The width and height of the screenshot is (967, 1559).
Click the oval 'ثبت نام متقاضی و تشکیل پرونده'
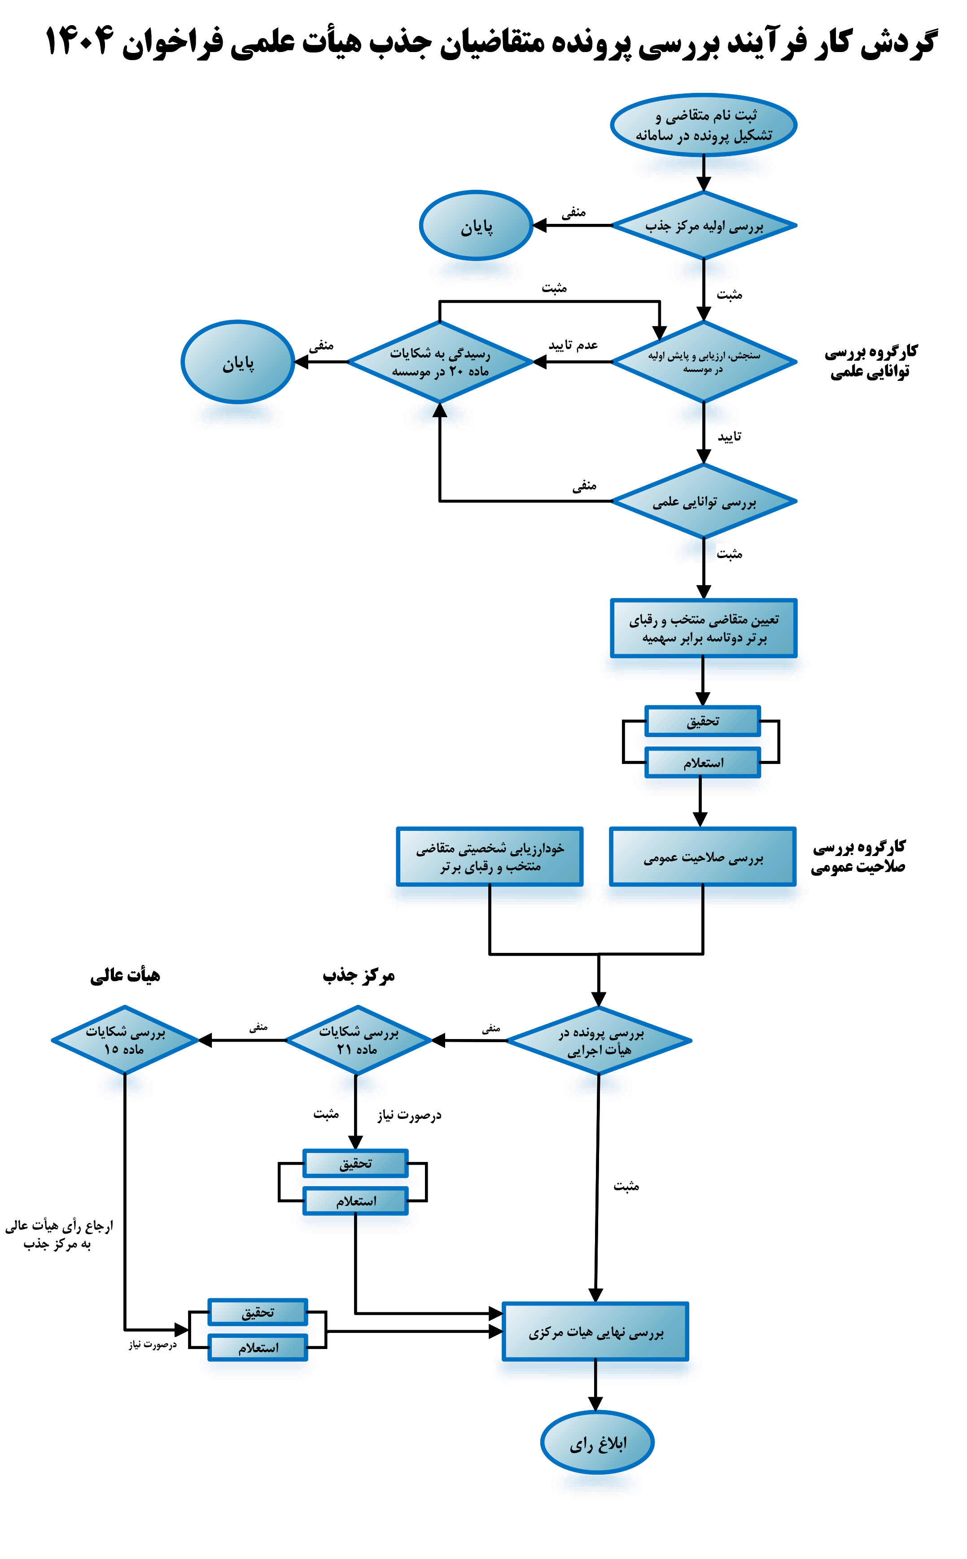pyautogui.click(x=704, y=125)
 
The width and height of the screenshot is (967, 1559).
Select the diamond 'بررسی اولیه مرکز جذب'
pyautogui.click(x=704, y=226)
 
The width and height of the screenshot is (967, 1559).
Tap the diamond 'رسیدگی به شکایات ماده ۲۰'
pyautogui.click(x=440, y=362)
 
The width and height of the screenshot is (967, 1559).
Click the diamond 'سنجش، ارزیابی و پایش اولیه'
pyautogui.click(x=704, y=362)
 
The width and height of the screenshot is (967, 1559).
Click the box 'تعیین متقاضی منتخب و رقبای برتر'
pyautogui.click(x=704, y=628)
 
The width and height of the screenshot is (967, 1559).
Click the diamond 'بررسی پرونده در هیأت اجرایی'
pyautogui.click(x=599, y=1041)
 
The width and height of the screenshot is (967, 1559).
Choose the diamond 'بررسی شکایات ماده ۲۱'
pyautogui.click(x=358, y=1040)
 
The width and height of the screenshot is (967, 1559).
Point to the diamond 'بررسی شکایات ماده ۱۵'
pyautogui.click(x=125, y=1040)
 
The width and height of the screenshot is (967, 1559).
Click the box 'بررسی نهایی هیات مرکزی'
pyautogui.click(x=595, y=1332)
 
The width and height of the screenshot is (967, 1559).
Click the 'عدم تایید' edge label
pyautogui.click(x=573, y=345)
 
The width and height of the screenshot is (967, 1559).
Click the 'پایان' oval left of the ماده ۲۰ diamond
pyautogui.click(x=238, y=362)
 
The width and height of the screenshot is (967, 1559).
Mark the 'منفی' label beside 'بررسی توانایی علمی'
pyautogui.click(x=584, y=485)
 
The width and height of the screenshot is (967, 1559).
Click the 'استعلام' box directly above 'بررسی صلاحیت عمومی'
pyautogui.click(x=703, y=763)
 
